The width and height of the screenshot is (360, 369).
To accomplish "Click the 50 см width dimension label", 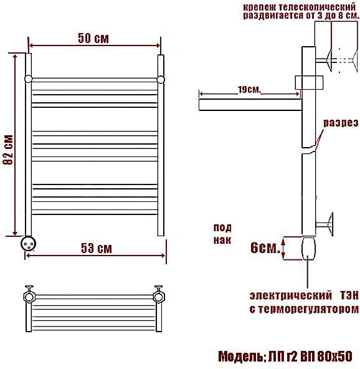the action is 93,38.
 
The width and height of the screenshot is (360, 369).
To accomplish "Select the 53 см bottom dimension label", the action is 97,248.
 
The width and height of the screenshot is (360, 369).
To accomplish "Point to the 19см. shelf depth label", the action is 249,90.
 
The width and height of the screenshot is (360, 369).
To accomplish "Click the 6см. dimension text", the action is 265,247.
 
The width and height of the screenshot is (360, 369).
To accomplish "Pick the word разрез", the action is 341,123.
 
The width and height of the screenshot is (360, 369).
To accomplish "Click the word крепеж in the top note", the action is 259,7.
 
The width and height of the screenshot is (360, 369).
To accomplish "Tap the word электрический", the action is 291,296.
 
